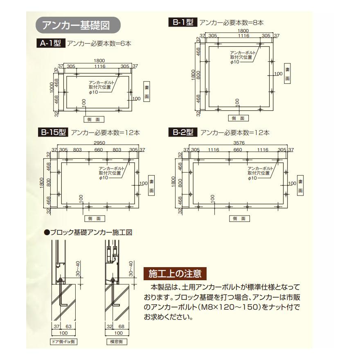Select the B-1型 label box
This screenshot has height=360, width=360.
click(183, 23)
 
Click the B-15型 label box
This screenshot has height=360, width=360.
click(53, 132)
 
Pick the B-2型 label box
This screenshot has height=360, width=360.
click(183, 132)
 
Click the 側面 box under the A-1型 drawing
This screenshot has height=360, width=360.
click(94, 119)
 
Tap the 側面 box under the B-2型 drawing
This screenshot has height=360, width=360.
click(239, 218)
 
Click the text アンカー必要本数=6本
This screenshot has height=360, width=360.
click(99, 43)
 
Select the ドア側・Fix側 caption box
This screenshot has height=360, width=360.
click(60, 341)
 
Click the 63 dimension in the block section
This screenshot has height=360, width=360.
click(69, 326)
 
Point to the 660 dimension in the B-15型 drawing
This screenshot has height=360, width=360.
click(99, 150)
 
